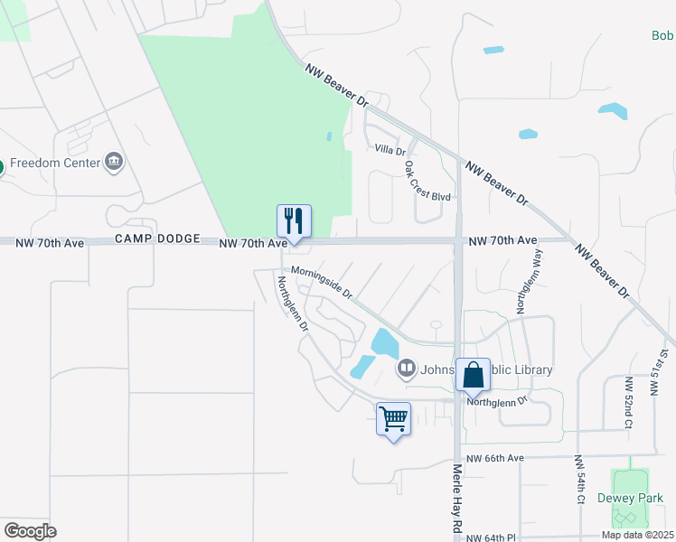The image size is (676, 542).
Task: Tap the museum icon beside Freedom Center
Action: (115, 164)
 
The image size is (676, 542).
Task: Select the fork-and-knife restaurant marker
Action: (294, 220)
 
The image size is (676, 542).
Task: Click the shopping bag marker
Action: (473, 374)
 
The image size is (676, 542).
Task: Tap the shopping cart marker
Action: (393, 419)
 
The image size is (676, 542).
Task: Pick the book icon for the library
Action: (407, 367)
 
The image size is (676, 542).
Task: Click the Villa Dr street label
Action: (390, 149)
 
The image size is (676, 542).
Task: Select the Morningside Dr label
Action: (320, 282)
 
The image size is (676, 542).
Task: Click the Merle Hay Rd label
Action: (457, 497)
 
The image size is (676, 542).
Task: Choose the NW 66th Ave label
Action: (495, 458)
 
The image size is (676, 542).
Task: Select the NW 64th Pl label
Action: (495, 538)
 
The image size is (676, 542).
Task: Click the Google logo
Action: (30, 530)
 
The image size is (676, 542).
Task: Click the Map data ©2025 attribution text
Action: (638, 535)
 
